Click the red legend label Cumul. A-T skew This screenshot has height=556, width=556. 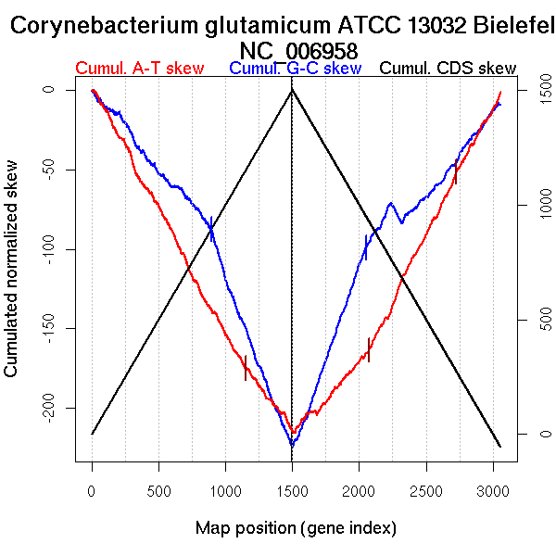(x=139, y=69)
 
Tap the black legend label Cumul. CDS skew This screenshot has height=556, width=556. (x=448, y=69)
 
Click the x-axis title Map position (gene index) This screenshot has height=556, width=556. (x=296, y=528)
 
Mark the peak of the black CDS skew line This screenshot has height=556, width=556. (x=292, y=90)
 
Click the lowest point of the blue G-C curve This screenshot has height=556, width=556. (x=292, y=446)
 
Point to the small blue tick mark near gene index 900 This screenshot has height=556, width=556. (x=212, y=228)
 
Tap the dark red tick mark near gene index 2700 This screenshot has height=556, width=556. (x=455, y=172)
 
